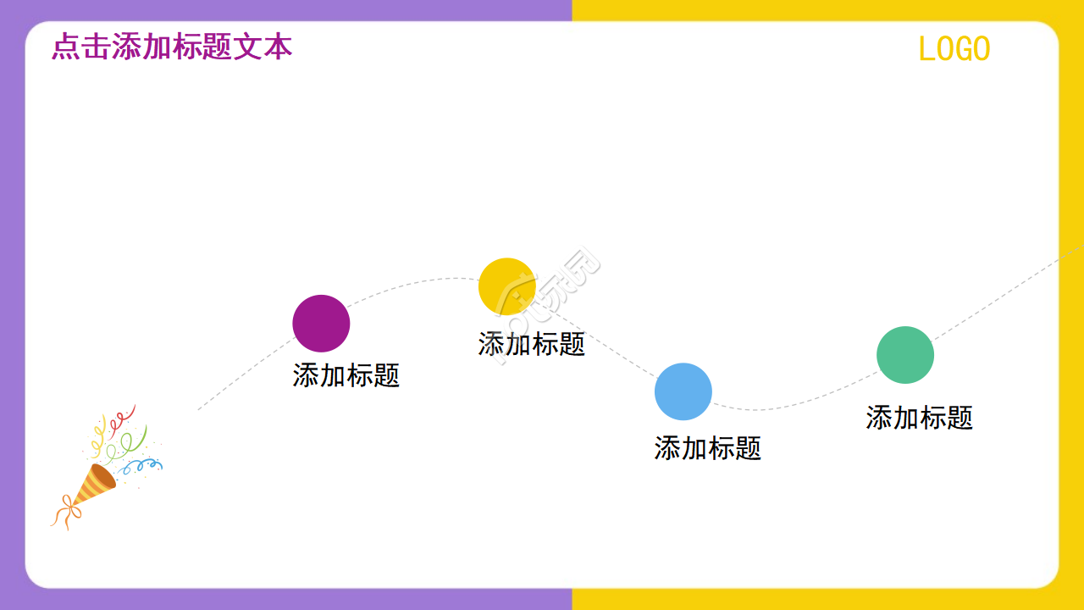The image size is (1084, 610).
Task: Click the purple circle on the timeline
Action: (321, 324)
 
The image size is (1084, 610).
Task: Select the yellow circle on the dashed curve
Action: (507, 286)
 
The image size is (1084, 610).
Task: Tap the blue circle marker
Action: (683, 391)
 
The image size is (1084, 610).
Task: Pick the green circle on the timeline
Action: (905, 355)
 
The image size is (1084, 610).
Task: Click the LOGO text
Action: (954, 49)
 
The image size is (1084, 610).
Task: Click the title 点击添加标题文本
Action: (172, 47)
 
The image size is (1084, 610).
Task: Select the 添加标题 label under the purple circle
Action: (346, 375)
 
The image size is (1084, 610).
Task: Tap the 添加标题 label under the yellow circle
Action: (532, 344)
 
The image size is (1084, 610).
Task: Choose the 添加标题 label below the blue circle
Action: (708, 448)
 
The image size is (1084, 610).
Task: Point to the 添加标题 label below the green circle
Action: (920, 418)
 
